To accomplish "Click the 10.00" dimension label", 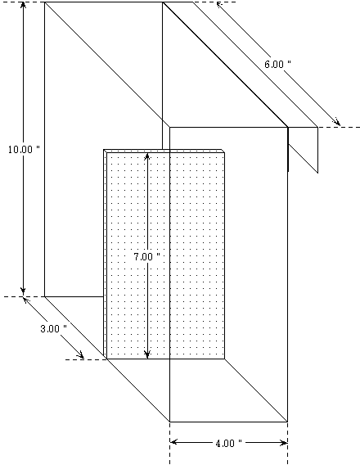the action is coord(24,150).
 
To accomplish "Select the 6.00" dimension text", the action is coord(277,65).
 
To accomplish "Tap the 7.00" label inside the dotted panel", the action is coord(146,257).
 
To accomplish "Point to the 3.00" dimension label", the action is coord(53,328).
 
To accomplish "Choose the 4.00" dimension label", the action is coord(228,444).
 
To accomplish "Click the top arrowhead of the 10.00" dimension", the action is coord(23,6).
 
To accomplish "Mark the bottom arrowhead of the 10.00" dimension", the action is coord(23,291).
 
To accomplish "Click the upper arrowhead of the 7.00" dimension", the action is coord(147,156).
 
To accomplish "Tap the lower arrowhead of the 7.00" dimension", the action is coord(147,354).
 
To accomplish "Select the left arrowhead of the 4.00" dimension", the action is coord(174,442).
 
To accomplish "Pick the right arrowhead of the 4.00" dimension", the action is coord(283,443).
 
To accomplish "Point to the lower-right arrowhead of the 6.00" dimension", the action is coord(336,122).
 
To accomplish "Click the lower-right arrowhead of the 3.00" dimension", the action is coord(80,355).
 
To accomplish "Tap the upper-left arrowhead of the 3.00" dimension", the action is coord(27,300).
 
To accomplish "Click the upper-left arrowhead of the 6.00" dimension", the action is coord(219,5).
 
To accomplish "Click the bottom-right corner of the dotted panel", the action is coord(225,359).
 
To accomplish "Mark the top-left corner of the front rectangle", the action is coord(170,128).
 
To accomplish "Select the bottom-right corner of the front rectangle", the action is coord(288,422).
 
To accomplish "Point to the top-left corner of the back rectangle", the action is coord(45,2).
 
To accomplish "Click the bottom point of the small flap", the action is coord(317,173).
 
